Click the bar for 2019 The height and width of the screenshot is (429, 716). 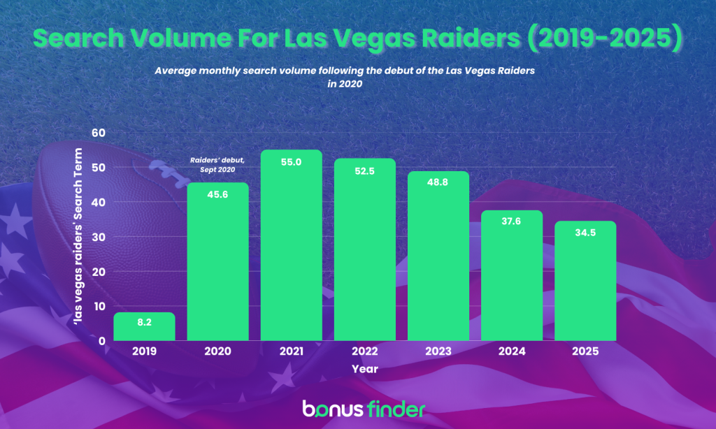144,326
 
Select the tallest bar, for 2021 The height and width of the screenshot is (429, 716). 292,245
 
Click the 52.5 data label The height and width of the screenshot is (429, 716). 365,172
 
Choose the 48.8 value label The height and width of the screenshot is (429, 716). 438,185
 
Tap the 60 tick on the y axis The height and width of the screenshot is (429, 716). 97,133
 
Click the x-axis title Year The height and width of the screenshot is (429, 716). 365,368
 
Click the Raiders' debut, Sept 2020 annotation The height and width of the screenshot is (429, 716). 213,165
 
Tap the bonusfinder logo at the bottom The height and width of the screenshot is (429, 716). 363,408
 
